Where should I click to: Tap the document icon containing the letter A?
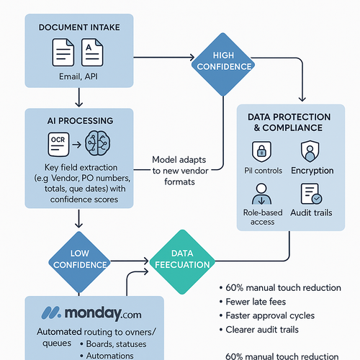(x=92, y=55)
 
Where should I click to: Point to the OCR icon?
(x=60, y=140)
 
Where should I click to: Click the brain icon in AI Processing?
(x=99, y=140)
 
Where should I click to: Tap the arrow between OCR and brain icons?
(x=78, y=140)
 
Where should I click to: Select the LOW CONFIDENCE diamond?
(x=78, y=259)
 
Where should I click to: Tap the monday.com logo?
(x=91, y=314)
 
